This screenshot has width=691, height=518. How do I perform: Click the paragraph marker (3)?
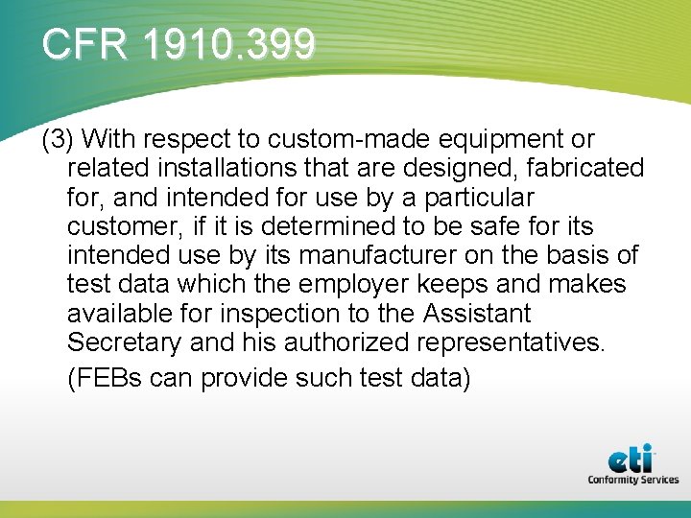click(62, 139)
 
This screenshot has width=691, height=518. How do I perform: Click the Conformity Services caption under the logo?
click(632, 480)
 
